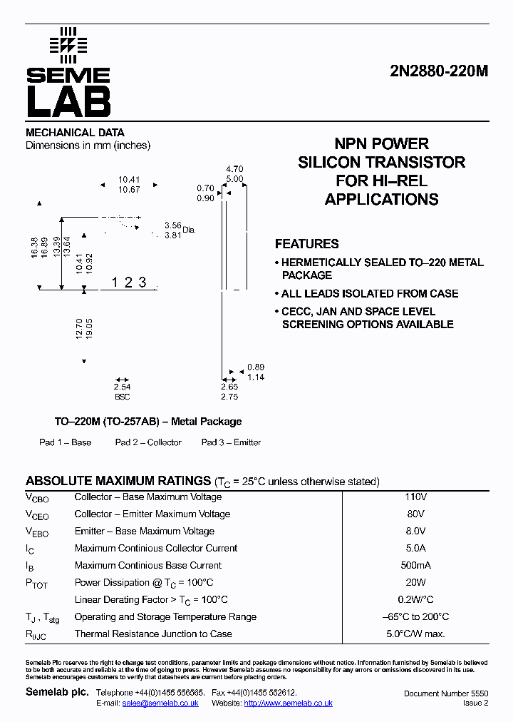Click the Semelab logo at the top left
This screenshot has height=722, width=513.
click(68, 72)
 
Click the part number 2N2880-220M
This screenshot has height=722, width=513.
click(438, 71)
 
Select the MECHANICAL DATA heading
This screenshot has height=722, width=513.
click(75, 133)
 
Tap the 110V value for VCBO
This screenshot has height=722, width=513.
click(415, 497)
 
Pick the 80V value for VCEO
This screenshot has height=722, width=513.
click(415, 514)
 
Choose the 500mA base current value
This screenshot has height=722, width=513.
click(415, 566)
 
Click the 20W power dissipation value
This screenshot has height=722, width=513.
click(415, 583)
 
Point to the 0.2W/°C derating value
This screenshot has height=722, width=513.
click(415, 600)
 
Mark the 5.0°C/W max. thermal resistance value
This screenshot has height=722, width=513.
click(415, 634)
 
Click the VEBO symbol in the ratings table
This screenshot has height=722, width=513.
click(38, 532)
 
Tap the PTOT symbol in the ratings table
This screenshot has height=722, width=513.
click(36, 584)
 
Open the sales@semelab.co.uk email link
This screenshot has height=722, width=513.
click(160, 703)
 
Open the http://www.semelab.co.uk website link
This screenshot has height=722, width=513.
click(288, 703)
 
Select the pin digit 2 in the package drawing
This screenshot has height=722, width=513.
click(128, 283)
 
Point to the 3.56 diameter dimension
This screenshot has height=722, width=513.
click(172, 225)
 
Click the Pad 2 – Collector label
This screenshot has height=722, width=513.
click(148, 442)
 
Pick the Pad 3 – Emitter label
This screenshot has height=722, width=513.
click(231, 442)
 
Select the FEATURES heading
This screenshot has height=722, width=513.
click(306, 244)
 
